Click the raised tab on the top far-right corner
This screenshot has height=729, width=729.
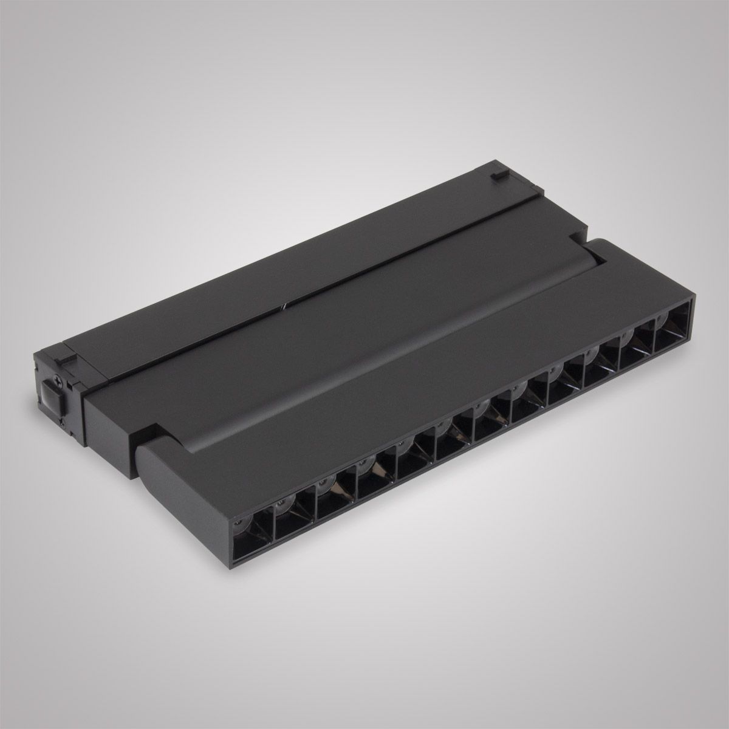pos(498,175)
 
